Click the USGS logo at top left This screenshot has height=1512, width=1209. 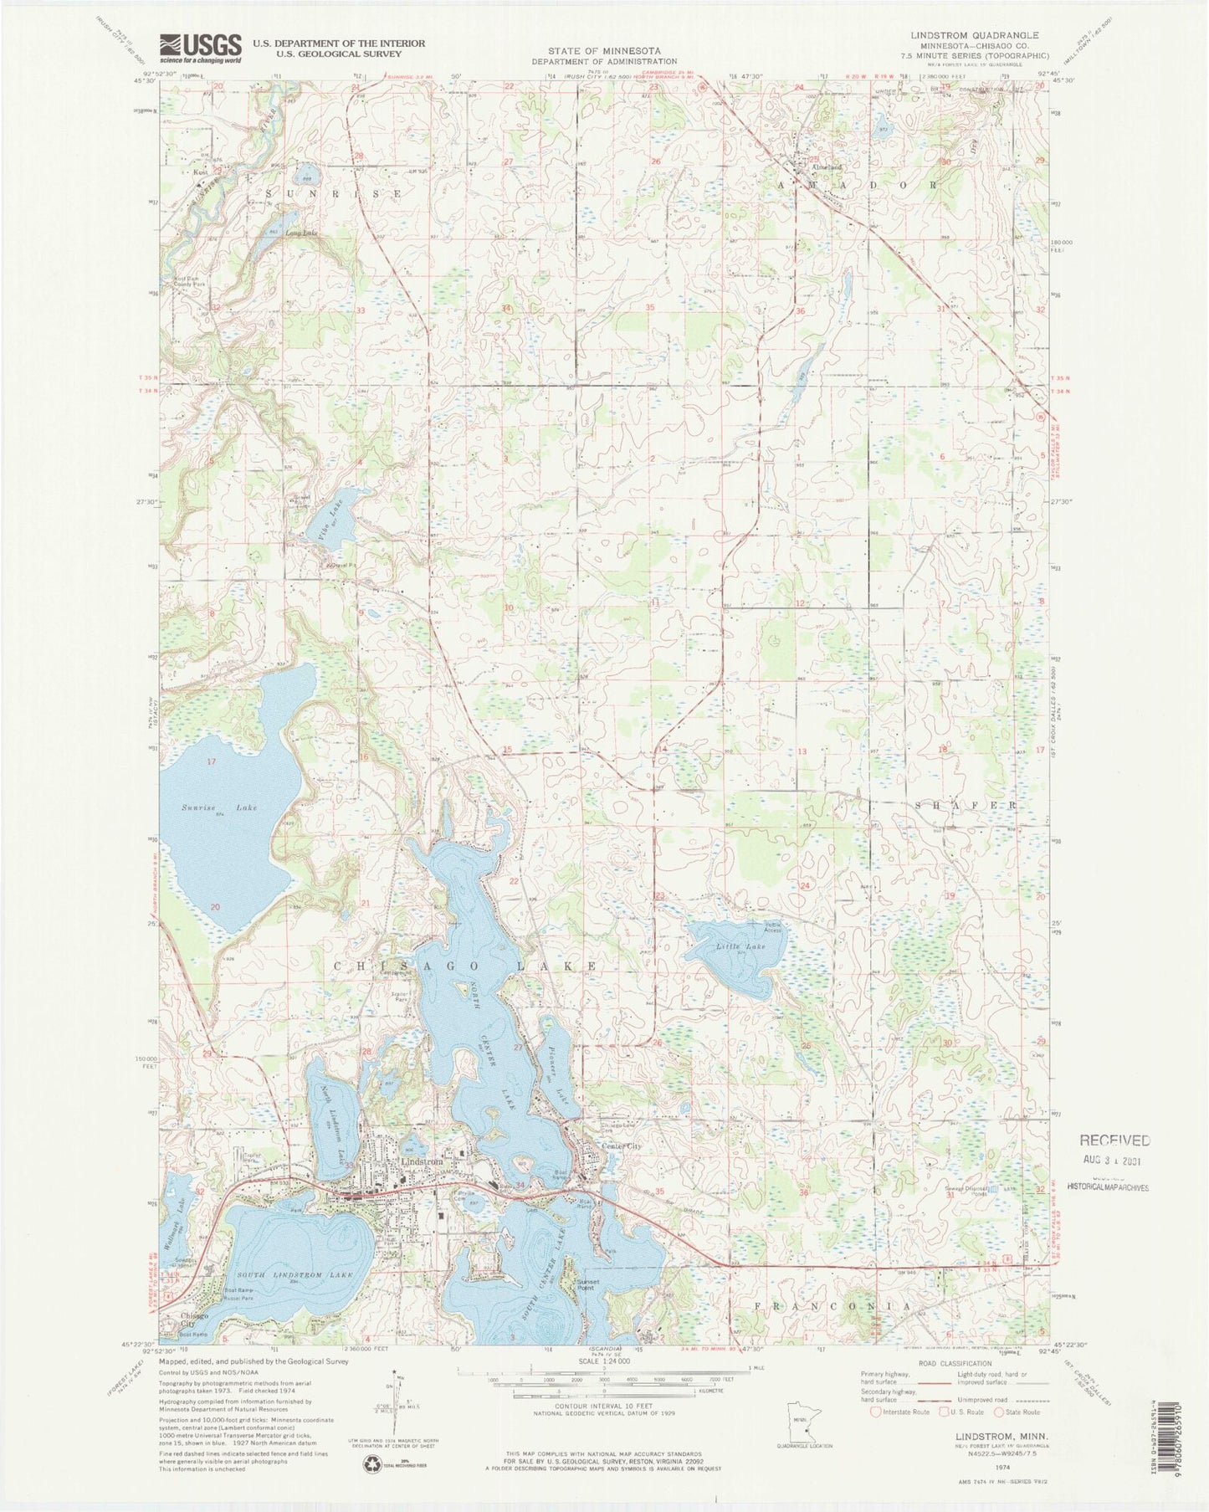pos(200,45)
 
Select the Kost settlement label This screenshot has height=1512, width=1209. pos(201,172)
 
